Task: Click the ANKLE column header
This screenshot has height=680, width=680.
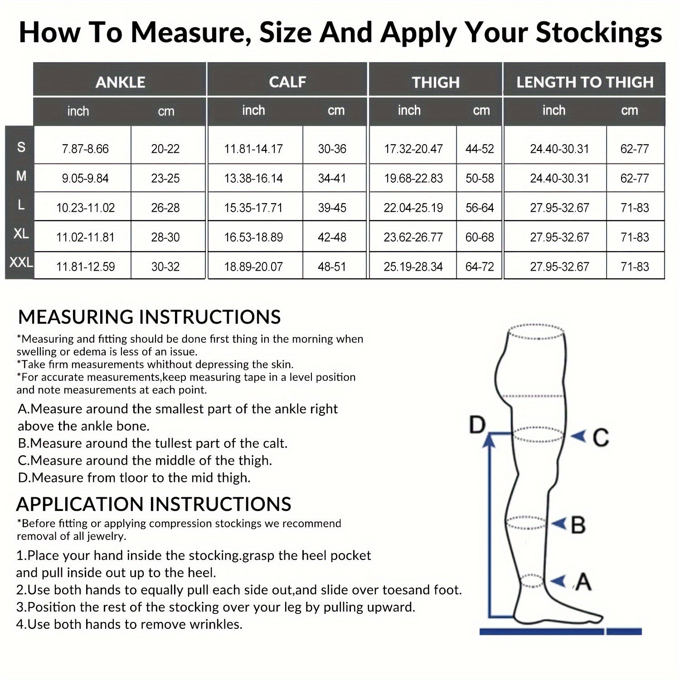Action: (x=120, y=82)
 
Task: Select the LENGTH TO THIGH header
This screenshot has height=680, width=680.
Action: (x=585, y=82)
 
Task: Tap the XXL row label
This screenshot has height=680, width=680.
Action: (x=21, y=262)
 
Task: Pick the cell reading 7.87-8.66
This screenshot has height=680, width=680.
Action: (x=85, y=149)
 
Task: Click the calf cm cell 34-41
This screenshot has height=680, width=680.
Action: (x=332, y=178)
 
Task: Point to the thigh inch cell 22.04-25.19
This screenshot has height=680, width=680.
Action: (x=413, y=208)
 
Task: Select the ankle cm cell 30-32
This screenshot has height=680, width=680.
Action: (x=165, y=267)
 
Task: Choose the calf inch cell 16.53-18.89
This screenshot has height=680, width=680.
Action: (x=253, y=237)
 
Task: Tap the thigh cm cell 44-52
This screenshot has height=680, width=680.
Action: (x=480, y=149)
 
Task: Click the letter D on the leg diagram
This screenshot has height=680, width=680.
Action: (x=477, y=425)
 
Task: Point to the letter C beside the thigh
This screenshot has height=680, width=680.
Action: (x=600, y=437)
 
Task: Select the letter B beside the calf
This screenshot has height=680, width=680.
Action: (x=578, y=525)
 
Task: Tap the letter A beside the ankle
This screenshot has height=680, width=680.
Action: (x=583, y=582)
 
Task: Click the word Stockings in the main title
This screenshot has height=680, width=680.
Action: (x=598, y=33)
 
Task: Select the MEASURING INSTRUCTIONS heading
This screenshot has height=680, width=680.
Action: (x=149, y=317)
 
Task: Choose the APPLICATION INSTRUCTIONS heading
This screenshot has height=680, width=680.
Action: (x=154, y=504)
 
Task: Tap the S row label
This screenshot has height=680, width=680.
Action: (x=21, y=147)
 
